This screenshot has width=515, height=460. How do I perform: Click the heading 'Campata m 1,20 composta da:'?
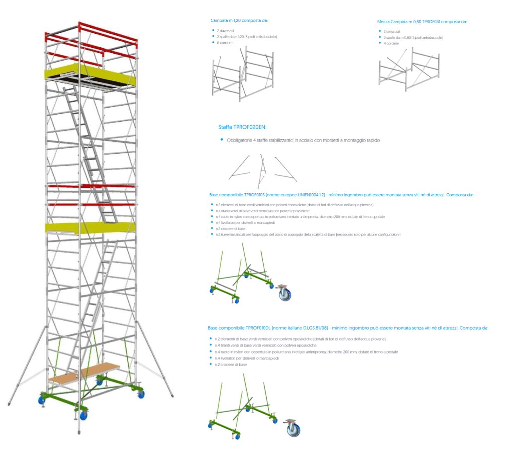coord(239,21)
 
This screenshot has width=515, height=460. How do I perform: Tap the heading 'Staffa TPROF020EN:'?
coord(242,127)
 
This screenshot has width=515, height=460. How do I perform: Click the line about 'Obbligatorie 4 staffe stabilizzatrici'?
coord(303,140)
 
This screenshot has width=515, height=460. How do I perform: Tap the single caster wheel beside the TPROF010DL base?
coord(293,429)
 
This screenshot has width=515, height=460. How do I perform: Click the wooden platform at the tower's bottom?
coord(84,373)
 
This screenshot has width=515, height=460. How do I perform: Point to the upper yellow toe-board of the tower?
coord(91,74)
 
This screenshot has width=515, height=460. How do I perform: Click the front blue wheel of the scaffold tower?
coord(83,415)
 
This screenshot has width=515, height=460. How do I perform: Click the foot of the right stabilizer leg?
coord(172,397)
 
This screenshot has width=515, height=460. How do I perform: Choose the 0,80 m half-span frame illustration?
coord(409,70)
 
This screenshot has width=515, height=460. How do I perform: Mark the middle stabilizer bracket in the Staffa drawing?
coord(262,170)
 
